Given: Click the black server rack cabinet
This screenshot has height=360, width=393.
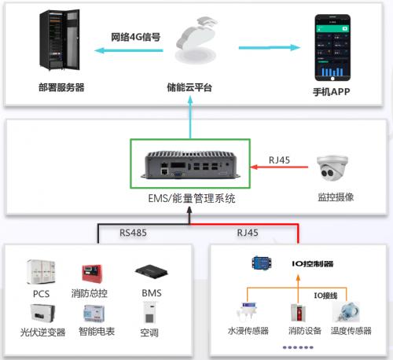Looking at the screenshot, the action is pyautogui.click(x=60, y=40).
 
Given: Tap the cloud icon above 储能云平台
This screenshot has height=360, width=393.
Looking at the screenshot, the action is pyautogui.click(x=196, y=40).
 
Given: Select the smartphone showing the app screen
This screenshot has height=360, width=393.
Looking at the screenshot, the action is pyautogui.click(x=332, y=48).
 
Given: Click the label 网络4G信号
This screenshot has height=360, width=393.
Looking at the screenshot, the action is pyautogui.click(x=135, y=37).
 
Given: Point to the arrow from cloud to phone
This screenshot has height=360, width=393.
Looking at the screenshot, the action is pyautogui.click(x=270, y=48).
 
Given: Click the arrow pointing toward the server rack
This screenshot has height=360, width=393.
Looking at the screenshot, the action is pyautogui.click(x=128, y=50).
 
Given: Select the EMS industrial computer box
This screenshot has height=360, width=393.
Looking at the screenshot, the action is pyautogui.click(x=190, y=165).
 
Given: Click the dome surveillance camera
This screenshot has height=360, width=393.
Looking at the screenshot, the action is pyautogui.click(x=332, y=168).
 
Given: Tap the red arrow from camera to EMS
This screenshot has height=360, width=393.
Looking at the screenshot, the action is pyautogui.click(x=279, y=167).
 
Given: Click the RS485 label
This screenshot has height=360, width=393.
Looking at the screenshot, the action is pyautogui.click(x=133, y=233).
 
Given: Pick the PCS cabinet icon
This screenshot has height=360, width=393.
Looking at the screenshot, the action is pyautogui.click(x=41, y=272).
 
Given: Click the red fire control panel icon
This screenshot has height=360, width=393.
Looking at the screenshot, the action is pyautogui.click(x=92, y=274).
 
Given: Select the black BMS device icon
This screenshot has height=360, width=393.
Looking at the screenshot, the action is pyautogui.click(x=152, y=273).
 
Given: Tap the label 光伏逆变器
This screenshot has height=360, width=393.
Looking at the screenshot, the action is pyautogui.click(x=43, y=332).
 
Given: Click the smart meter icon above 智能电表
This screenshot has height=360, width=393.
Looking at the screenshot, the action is pyautogui.click(x=94, y=314).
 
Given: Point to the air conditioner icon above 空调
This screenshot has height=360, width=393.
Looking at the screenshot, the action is pyautogui.click(x=150, y=313).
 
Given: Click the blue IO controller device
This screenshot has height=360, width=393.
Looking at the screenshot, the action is pyautogui.click(x=262, y=263).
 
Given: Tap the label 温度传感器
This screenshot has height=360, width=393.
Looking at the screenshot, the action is pyautogui.click(x=351, y=331).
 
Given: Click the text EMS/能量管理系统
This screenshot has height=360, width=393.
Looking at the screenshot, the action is pyautogui.click(x=192, y=198).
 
